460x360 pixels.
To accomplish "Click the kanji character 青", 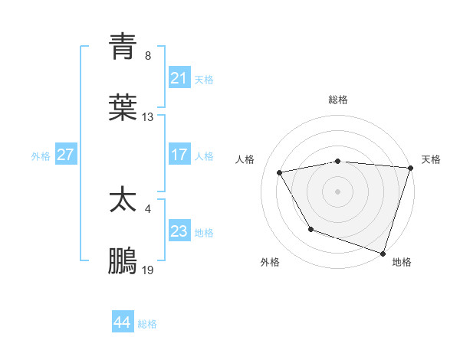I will pyautogui.click(x=123, y=47).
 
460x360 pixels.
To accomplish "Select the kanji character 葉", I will pyautogui.click(x=123, y=108).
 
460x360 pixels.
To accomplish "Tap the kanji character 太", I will pyautogui.click(x=123, y=200).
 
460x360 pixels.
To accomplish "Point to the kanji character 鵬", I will pyautogui.click(x=123, y=261).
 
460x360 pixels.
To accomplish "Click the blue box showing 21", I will pyautogui.click(x=179, y=77).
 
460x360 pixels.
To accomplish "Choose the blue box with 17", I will pyautogui.click(x=179, y=154).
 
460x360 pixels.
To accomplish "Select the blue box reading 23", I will pyautogui.click(x=179, y=231).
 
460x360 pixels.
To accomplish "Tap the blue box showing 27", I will pyautogui.click(x=65, y=154).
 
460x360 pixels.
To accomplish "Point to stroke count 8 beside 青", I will pyautogui.click(x=148, y=56).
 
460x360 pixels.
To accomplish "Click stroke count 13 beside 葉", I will pyautogui.click(x=148, y=117).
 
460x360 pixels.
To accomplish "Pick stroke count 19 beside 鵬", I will pyautogui.click(x=148, y=270).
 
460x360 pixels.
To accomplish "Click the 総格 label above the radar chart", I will pyautogui.click(x=338, y=100).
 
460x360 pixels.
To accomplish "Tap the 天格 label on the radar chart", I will pyautogui.click(x=431, y=159).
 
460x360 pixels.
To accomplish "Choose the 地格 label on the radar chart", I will pyautogui.click(x=402, y=262).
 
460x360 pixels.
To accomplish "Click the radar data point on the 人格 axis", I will pyautogui.click(x=280, y=172).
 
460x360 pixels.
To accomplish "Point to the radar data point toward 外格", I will pyautogui.click(x=310, y=229).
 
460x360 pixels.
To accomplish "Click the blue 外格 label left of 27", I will pyautogui.click(x=41, y=155).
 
